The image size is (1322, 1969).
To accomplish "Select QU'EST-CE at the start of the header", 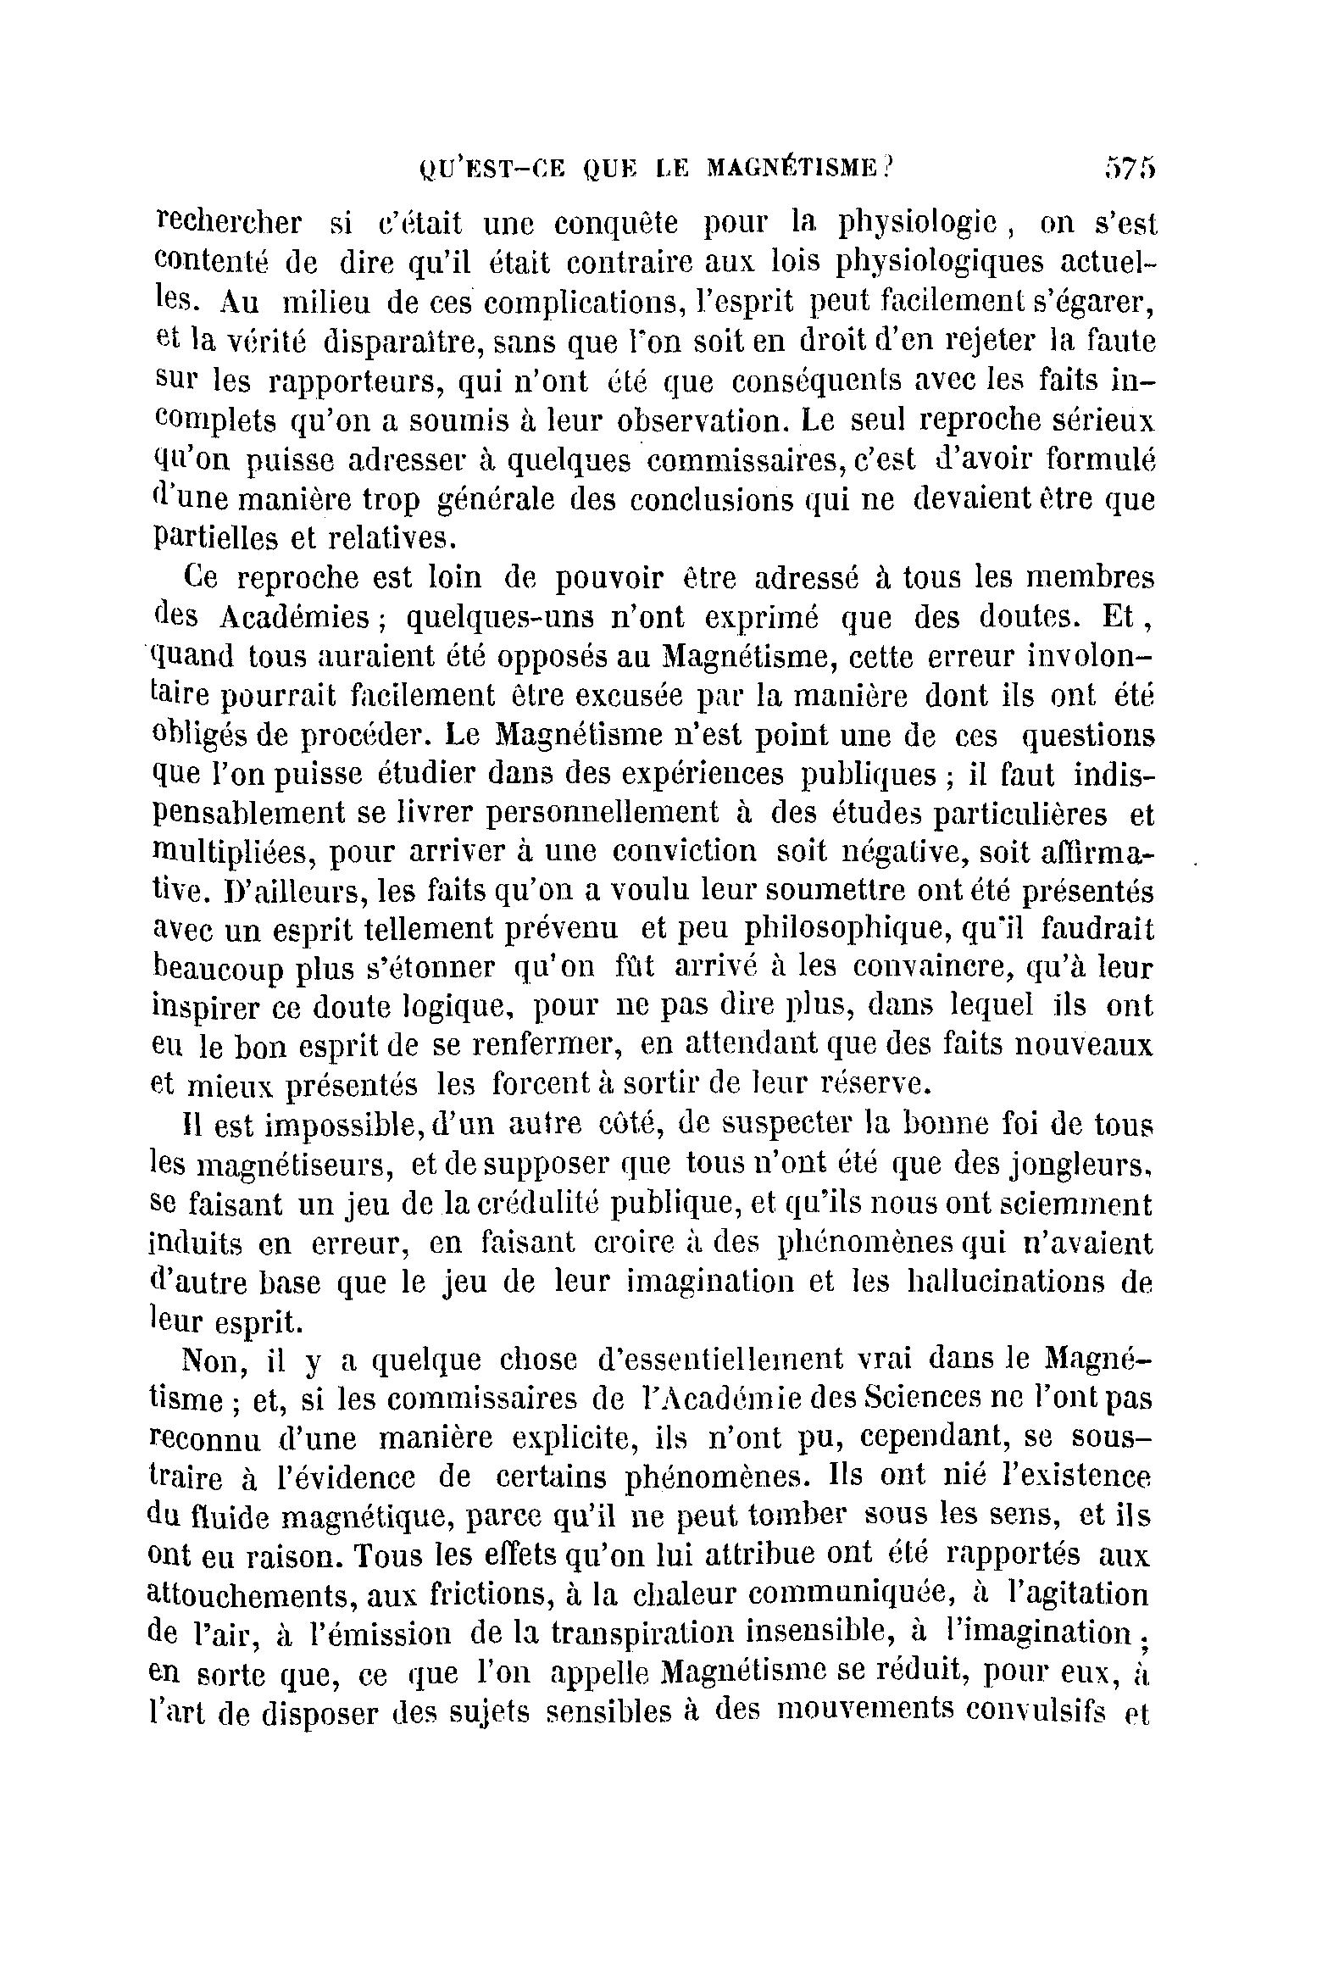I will coord(481,170).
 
